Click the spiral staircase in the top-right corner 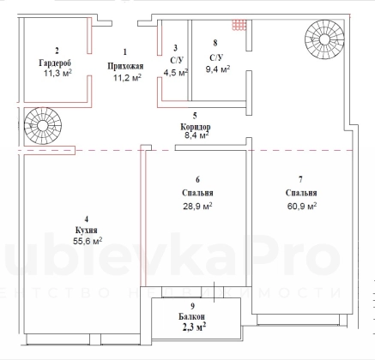point(324,39)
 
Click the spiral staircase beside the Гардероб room point(43,126)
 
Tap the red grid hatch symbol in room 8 point(239,25)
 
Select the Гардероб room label point(55,63)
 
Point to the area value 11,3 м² point(57,73)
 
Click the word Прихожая point(125,66)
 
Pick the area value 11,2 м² point(127,77)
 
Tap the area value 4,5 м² point(176,72)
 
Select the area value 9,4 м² point(218,69)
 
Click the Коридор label point(196,126)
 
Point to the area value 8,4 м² point(197,135)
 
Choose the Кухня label point(87,230)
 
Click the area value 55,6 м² point(88,241)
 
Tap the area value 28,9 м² point(197,206)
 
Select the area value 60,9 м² point(302,206)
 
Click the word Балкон point(191,316)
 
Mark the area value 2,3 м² point(194,327)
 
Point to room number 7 point(300,179)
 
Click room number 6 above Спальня point(197,179)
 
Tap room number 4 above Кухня point(87,219)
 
